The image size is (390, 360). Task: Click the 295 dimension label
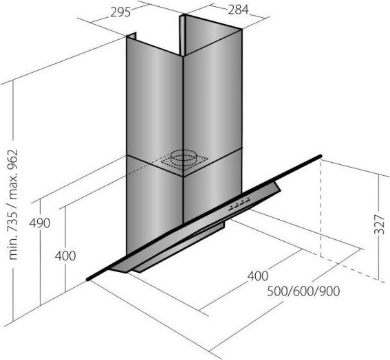coord(120,12)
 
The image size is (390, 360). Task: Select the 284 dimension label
coord(238,10)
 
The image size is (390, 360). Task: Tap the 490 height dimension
coord(40,223)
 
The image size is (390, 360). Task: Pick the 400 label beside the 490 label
coord(65,256)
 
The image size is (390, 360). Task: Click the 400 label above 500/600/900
coord(258,275)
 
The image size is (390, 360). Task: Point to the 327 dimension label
coord(380,225)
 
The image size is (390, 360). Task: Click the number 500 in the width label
coord(277,291)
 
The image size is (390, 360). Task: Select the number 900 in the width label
coord(329,291)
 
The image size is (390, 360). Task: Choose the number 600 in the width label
coord(303,291)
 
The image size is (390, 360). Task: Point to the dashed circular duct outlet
coord(184,157)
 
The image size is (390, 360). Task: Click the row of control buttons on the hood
coord(239,203)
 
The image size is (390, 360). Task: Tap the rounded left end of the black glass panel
coord(88,279)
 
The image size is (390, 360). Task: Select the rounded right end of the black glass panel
coord(321,156)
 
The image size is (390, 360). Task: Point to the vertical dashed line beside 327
coord(321,209)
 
